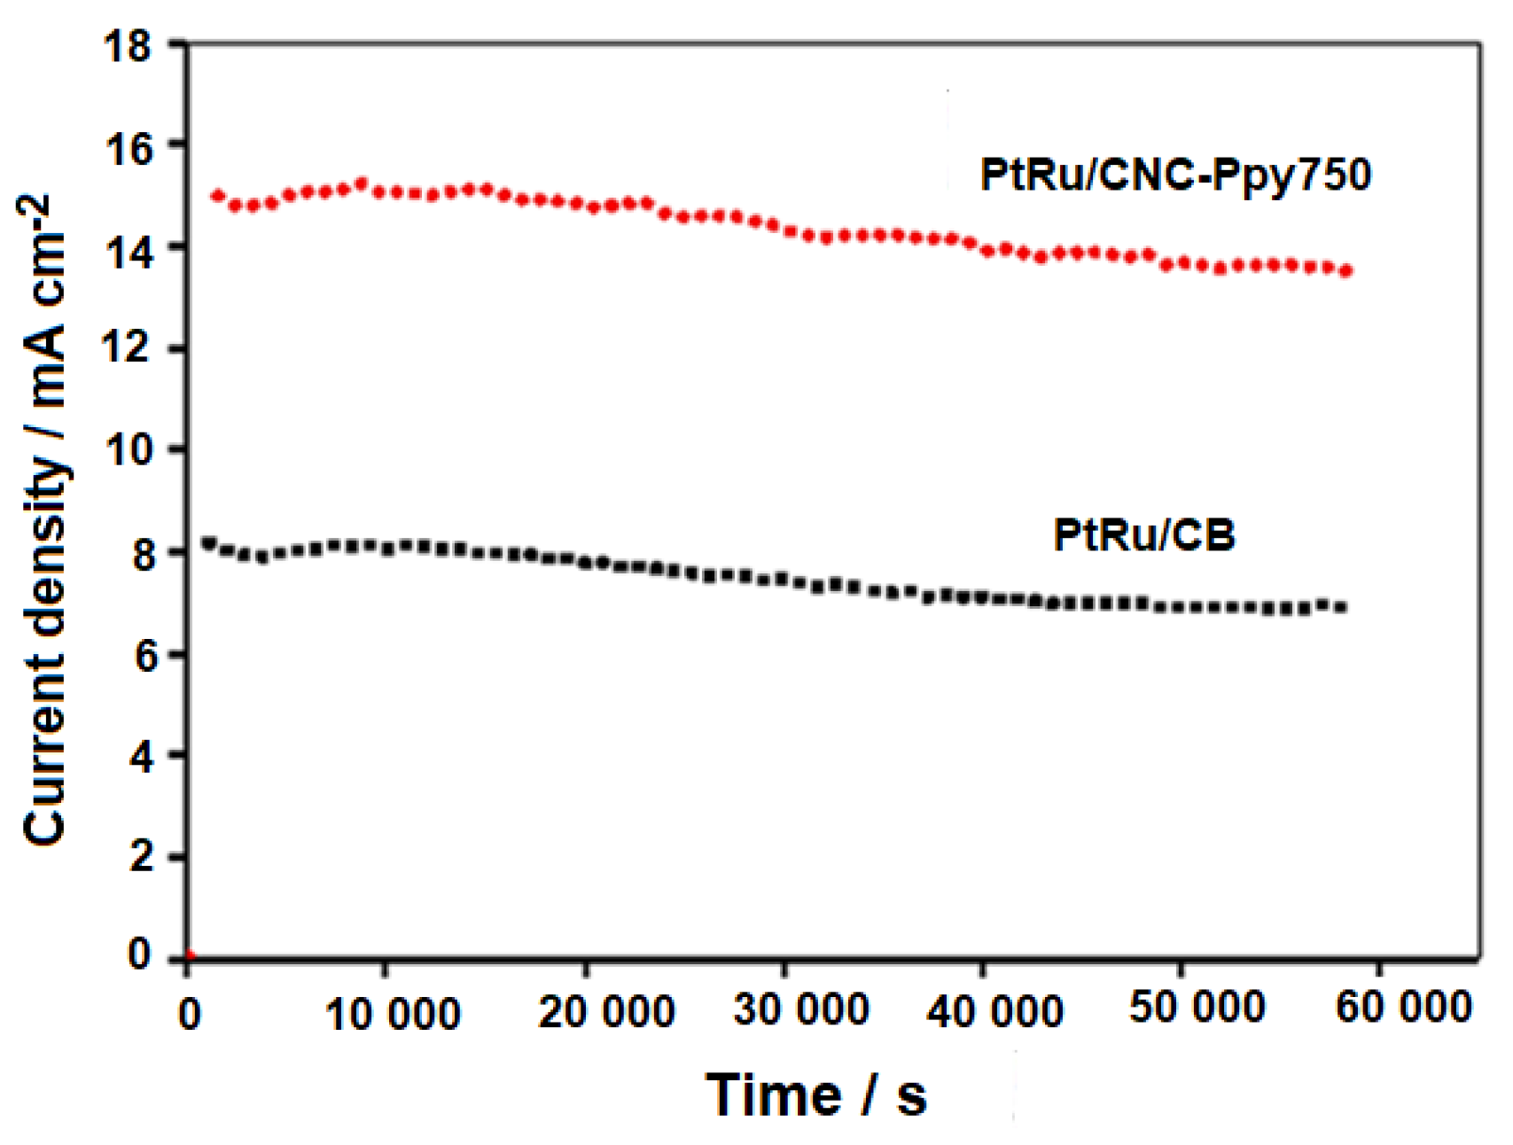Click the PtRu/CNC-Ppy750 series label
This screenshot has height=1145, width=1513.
[x=1175, y=175]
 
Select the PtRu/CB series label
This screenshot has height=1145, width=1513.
[x=1143, y=535]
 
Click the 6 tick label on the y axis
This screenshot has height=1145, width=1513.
[x=140, y=656]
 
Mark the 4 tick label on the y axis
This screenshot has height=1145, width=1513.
[x=140, y=757]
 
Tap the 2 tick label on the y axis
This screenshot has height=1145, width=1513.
[x=140, y=857]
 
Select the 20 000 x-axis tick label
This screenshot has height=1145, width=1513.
[x=606, y=1011]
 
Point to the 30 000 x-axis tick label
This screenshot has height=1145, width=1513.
[x=801, y=1009]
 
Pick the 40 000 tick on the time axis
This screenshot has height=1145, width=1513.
[x=994, y=1010]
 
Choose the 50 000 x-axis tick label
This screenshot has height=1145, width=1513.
[x=1197, y=1007]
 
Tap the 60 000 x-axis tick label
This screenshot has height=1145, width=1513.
[x=1403, y=1007]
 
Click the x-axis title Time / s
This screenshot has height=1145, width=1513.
[x=815, y=1095]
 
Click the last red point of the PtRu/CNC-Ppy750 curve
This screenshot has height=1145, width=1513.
[x=1346, y=271]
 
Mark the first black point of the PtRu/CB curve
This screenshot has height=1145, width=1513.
[x=209, y=542]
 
